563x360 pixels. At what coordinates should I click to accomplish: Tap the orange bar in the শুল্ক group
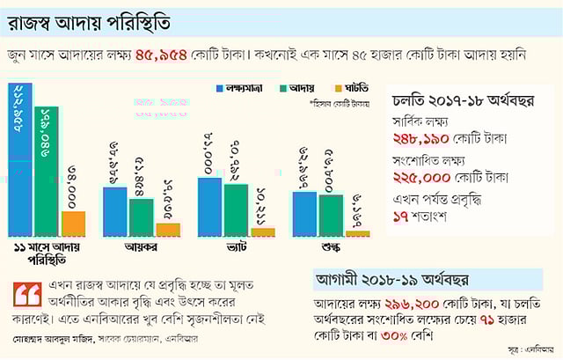357,233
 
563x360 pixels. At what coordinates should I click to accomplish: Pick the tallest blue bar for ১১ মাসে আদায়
20,158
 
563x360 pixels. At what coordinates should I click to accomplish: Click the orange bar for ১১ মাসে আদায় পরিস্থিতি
73,224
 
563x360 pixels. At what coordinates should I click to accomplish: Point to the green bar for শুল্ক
331,215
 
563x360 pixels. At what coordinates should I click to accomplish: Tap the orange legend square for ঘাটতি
339,89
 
